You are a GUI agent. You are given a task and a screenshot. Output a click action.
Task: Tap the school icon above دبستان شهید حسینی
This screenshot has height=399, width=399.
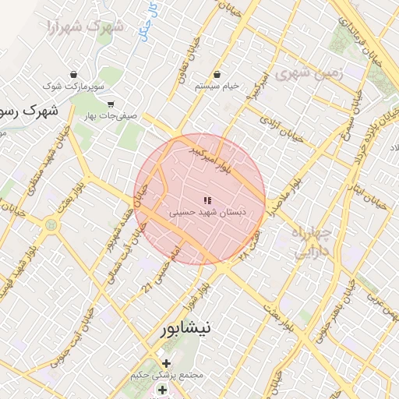point(207,201)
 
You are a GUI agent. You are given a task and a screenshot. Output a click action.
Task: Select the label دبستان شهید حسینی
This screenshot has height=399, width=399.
point(207,212)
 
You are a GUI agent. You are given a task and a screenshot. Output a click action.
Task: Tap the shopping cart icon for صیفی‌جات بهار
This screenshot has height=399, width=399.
point(110,104)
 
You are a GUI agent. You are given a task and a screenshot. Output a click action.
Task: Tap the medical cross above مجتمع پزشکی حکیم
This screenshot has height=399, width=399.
point(166,363)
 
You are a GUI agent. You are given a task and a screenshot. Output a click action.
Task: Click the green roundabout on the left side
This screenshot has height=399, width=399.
point(52,224)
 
